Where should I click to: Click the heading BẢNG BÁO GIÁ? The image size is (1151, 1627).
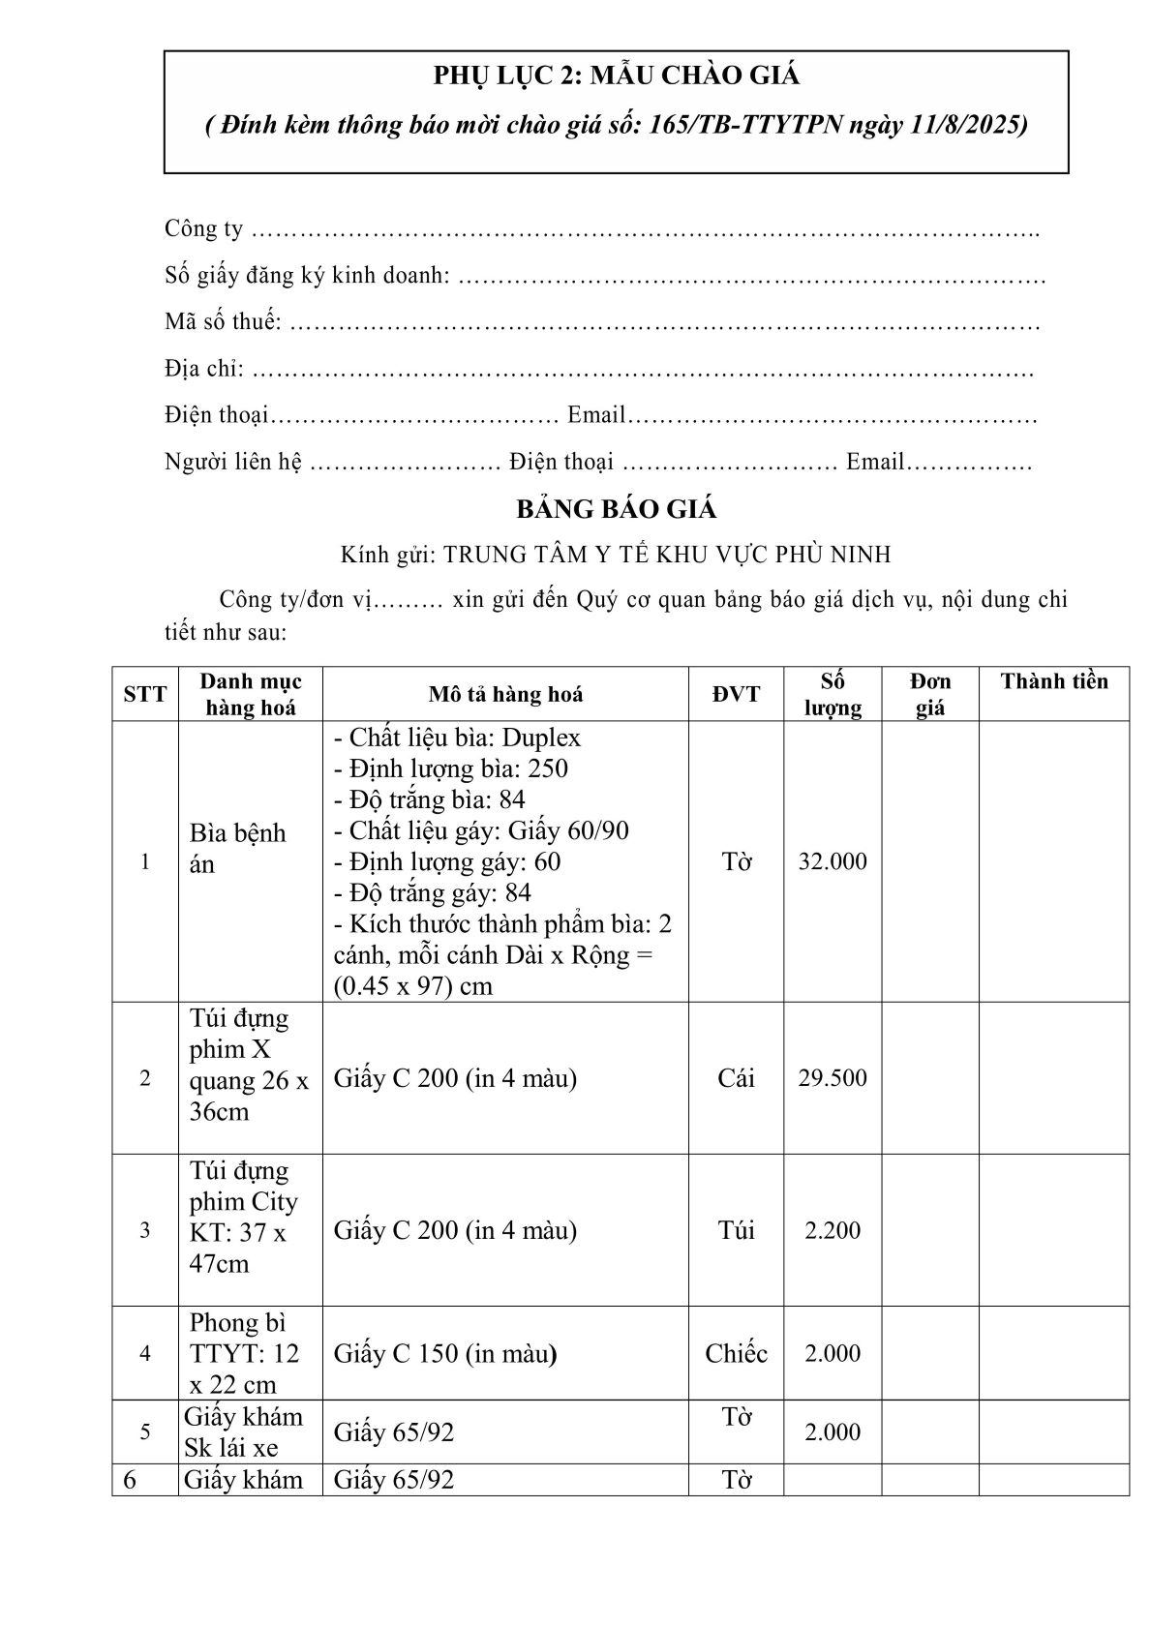[616, 509]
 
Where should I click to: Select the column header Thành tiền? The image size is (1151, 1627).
[1053, 681]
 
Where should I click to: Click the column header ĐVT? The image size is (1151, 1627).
[736, 694]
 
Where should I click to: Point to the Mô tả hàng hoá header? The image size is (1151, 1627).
[505, 694]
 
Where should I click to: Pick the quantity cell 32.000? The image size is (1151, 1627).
[833, 861]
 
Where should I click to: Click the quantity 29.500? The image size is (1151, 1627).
[833, 1078]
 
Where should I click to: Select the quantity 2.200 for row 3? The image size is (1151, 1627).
[833, 1230]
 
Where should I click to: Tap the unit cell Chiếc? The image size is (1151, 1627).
[736, 1353]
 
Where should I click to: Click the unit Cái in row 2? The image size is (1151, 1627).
[736, 1078]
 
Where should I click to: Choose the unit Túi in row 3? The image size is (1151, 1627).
[736, 1230]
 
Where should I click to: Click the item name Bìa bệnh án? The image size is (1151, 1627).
[237, 848]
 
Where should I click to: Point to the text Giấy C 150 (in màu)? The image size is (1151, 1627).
[445, 1353]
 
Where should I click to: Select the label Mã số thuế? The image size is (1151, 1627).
[222, 322]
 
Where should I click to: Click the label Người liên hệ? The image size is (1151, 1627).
[233, 463]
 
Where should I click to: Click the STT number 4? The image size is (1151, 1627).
[145, 1353]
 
